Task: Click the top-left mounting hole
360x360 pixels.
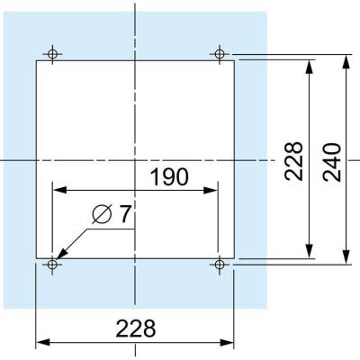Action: tap(52, 54)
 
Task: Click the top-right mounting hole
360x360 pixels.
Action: tap(220, 54)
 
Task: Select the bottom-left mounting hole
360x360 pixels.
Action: tap(52, 265)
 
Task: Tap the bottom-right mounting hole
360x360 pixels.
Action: tap(220, 265)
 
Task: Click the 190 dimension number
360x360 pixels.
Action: tap(169, 176)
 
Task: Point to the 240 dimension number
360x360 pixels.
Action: tap(332, 162)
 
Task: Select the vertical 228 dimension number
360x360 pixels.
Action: tap(293, 161)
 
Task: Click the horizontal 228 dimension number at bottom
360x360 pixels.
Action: tap(136, 328)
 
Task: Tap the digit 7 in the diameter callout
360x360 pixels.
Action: tap(125, 214)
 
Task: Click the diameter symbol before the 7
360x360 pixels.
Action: tap(103, 214)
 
